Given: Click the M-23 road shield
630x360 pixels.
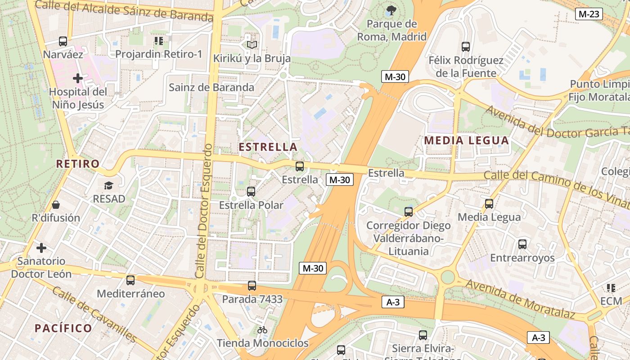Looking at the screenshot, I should [x=589, y=14].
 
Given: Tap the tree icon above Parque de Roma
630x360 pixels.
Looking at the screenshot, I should [x=391, y=9].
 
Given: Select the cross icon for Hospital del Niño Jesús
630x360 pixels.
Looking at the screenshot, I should [x=78, y=78].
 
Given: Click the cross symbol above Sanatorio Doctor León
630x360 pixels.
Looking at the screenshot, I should [x=41, y=248].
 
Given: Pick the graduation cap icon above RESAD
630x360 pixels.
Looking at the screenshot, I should [x=108, y=185].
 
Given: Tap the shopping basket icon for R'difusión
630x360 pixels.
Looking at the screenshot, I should [x=56, y=205].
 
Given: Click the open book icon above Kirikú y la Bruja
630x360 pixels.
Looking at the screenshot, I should [x=252, y=45].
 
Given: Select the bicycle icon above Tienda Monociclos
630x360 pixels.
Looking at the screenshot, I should [x=262, y=330].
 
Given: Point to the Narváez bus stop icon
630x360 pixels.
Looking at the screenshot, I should [x=63, y=41].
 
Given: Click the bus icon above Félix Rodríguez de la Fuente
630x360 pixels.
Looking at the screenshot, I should [x=466, y=46].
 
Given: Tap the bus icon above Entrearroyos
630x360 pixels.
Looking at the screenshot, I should [x=522, y=244].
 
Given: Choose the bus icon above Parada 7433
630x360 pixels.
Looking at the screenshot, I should [x=252, y=286].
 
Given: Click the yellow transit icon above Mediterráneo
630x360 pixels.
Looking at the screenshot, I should [x=130, y=280].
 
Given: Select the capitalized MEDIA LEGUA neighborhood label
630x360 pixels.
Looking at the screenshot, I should [x=467, y=140].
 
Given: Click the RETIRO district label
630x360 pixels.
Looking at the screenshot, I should [x=77, y=164].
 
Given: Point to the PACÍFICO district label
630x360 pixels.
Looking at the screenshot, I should [x=63, y=328].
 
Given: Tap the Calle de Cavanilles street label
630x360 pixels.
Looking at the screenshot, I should [x=94, y=314].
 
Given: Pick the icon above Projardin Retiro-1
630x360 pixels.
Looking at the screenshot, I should [x=158, y=41].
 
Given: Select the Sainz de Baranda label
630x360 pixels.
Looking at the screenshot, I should [x=211, y=87].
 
